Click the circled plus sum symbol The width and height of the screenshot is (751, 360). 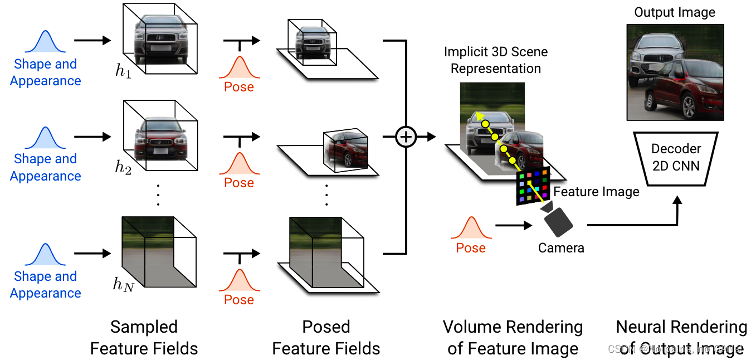pos(406,137)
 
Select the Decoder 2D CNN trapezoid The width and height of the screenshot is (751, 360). pos(675,157)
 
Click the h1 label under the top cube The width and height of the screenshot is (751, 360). pos(123,71)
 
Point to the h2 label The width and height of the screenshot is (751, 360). pos(123,167)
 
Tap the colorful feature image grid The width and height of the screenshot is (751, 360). pos(532,185)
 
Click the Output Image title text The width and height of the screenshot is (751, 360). pos(675,12)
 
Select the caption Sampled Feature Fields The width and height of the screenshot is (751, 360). pos(144,338)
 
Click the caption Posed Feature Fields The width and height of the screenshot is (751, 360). pos(326,338)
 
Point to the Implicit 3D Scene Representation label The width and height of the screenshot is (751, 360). pos(496,60)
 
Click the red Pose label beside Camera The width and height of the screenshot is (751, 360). pos(471,248)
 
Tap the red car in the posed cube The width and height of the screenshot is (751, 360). pos(345,149)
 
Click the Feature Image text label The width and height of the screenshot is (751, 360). pos(596,192)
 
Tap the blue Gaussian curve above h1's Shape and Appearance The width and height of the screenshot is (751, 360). pos(45,43)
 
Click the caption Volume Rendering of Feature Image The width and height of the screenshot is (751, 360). pos(513,338)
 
